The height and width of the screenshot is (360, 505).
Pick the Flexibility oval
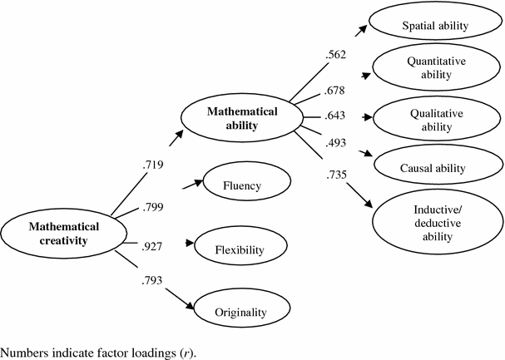click(240, 249)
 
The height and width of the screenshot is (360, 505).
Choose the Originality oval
click(240, 312)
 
